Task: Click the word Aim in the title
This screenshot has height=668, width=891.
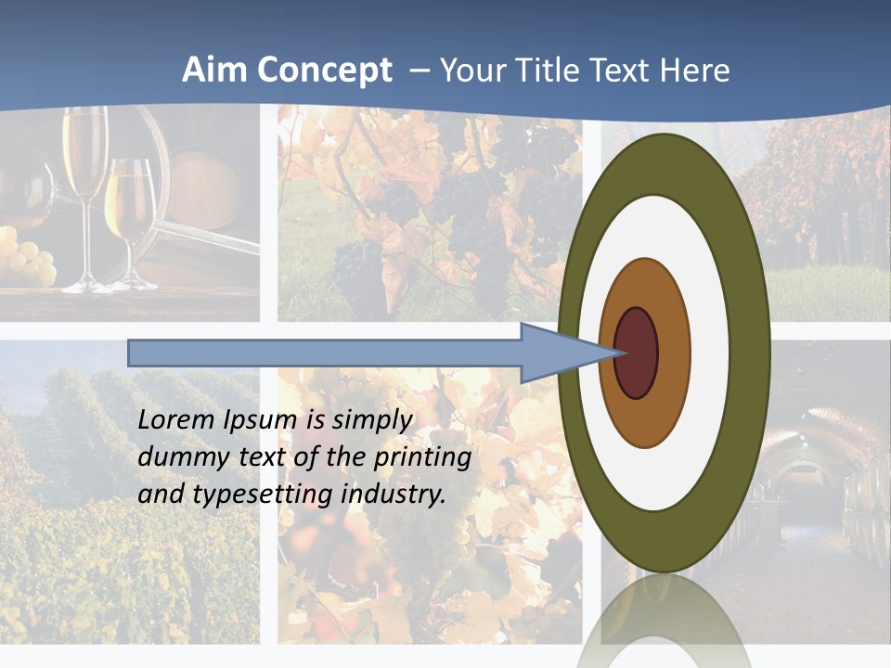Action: click(215, 71)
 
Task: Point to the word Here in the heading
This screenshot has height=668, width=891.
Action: click(694, 71)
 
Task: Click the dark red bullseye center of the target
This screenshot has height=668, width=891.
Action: click(637, 353)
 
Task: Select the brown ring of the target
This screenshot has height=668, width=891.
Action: click(645, 417)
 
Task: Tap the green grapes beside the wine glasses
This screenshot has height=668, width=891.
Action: click(28, 260)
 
